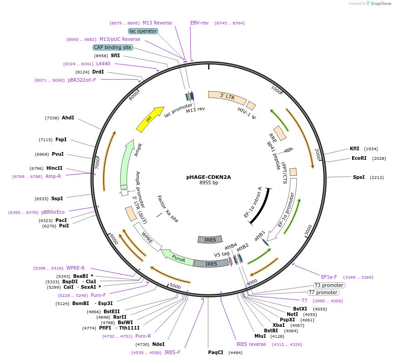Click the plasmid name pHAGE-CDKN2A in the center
tap(209, 177)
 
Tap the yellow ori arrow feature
tap(150, 119)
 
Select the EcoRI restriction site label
tap(358, 158)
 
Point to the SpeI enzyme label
tap(358, 177)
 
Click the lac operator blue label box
tap(143, 31)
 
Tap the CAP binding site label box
tap(113, 47)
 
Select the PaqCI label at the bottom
tap(216, 352)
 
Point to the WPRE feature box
tap(148, 237)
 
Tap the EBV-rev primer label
tap(199, 23)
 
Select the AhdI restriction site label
tap(68, 118)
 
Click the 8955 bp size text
tap(209, 183)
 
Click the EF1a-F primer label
tap(329, 277)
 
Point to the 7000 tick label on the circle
tap(97, 163)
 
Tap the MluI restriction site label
tap(260, 336)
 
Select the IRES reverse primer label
tap(251, 344)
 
